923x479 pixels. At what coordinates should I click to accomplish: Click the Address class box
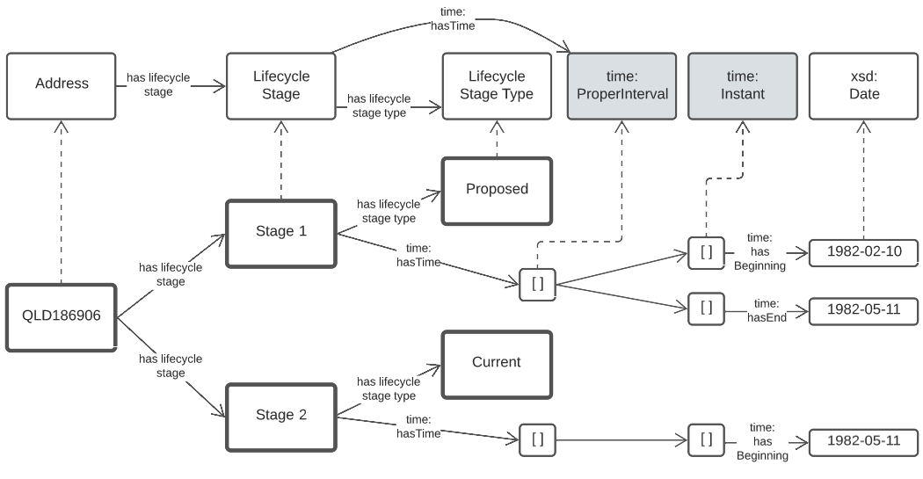pos(62,85)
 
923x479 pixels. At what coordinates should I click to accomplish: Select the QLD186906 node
pos(62,317)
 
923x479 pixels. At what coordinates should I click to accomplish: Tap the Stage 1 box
pos(281,232)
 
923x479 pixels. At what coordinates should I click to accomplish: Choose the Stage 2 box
pos(281,416)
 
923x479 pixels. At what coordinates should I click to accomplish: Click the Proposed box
pos(497,189)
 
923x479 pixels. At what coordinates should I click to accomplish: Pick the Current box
pos(497,362)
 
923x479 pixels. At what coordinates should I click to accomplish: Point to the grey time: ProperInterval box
pos(622,85)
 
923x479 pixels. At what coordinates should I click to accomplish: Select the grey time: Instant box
pos(742,85)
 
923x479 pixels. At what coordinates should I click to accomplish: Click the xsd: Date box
pos(864,85)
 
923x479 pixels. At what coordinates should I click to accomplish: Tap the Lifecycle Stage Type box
pos(497,85)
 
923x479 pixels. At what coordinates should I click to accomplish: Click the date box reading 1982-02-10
pos(863,252)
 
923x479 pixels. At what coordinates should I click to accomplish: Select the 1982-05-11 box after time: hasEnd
pos(863,310)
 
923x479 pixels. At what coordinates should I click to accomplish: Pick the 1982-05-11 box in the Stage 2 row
pos(863,441)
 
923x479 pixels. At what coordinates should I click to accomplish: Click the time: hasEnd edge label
pos(766,310)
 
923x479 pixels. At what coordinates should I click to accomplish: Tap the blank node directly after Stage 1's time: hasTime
pos(537,284)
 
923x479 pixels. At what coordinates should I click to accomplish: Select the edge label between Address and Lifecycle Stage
pos(158,85)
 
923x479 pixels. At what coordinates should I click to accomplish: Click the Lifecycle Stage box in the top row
pos(281,85)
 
